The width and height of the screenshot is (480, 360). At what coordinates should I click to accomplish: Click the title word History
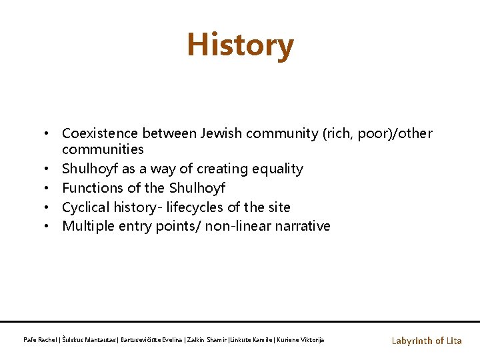(x=240, y=45)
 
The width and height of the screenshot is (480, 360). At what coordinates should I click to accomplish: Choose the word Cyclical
(x=85, y=207)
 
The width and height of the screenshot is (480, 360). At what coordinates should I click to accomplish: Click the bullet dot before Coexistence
(x=50, y=133)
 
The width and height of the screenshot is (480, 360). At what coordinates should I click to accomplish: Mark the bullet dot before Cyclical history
(x=50, y=207)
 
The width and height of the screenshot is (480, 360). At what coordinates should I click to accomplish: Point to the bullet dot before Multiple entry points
(x=50, y=226)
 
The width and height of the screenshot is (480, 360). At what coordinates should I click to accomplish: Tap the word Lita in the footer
(x=454, y=341)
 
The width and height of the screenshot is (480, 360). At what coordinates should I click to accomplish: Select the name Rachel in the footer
(x=46, y=340)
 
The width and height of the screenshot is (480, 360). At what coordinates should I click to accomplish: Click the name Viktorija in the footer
(x=310, y=340)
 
